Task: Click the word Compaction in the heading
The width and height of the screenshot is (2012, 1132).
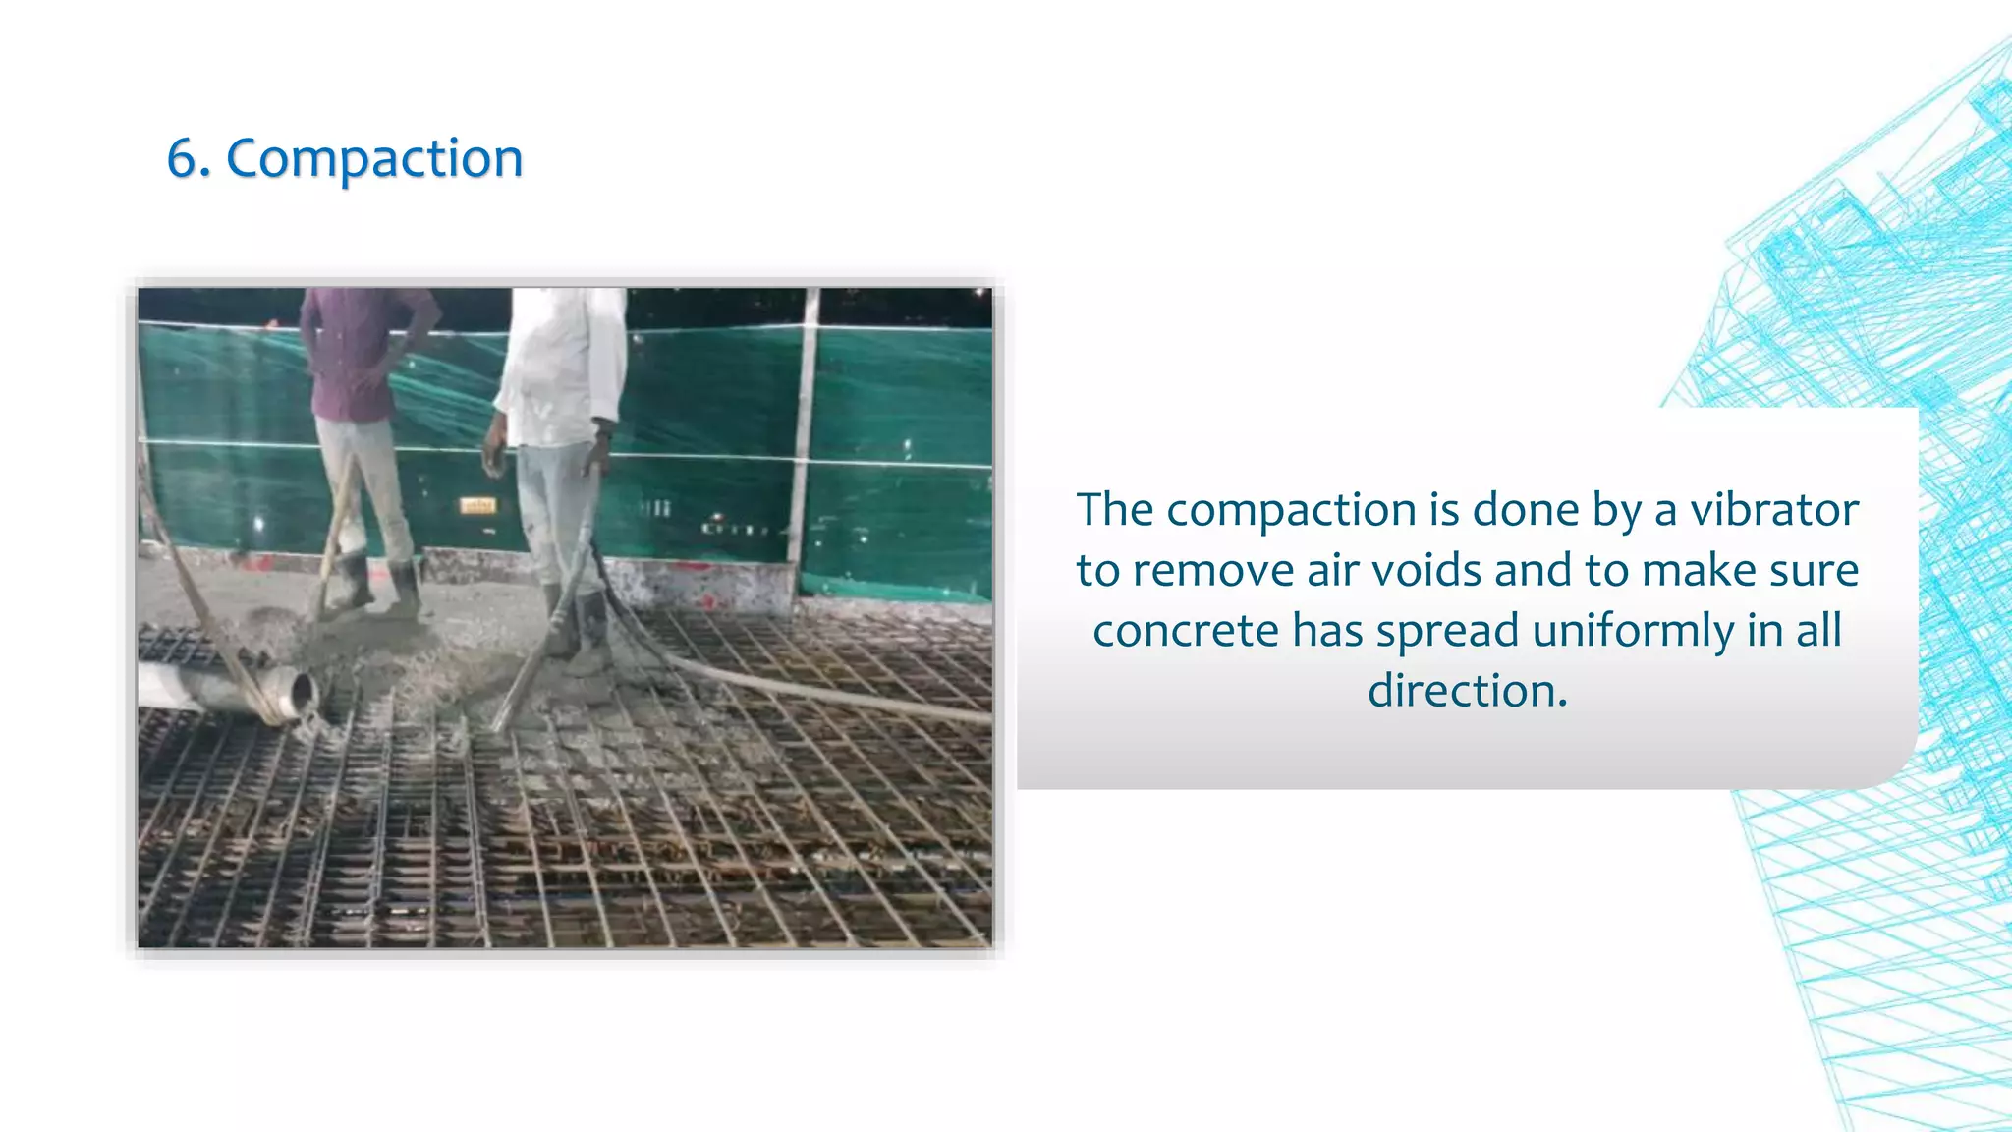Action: pos(374,158)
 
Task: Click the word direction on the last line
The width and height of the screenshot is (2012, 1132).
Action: pos(1467,691)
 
